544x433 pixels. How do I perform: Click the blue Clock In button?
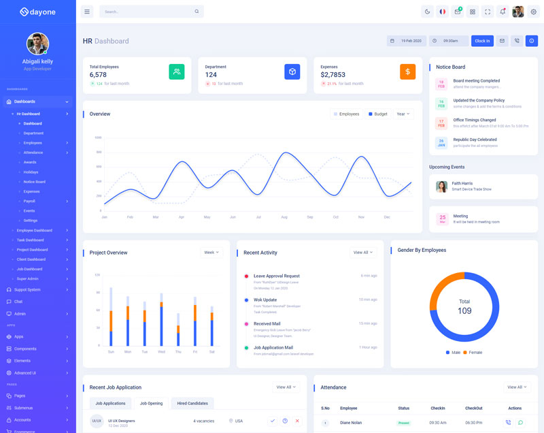click(482, 41)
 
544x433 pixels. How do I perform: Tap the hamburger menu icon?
click(86, 12)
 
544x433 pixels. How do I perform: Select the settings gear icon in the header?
click(533, 12)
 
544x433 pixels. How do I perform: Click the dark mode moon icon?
click(427, 12)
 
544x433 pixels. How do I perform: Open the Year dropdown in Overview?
click(403, 114)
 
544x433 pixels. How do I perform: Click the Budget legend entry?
click(378, 114)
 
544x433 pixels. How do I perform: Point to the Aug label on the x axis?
click(284, 217)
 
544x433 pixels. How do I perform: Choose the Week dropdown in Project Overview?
click(212, 253)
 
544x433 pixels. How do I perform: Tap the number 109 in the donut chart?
click(464, 311)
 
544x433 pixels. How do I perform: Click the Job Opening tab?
click(152, 403)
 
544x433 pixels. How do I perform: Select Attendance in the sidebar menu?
click(33, 153)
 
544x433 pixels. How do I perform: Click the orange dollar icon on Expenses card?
click(407, 71)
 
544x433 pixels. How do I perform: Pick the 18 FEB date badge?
click(441, 84)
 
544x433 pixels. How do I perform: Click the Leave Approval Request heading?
click(276, 276)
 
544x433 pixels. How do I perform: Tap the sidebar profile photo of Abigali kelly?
click(37, 44)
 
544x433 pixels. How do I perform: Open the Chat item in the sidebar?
click(18, 302)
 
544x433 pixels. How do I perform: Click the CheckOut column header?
click(473, 408)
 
